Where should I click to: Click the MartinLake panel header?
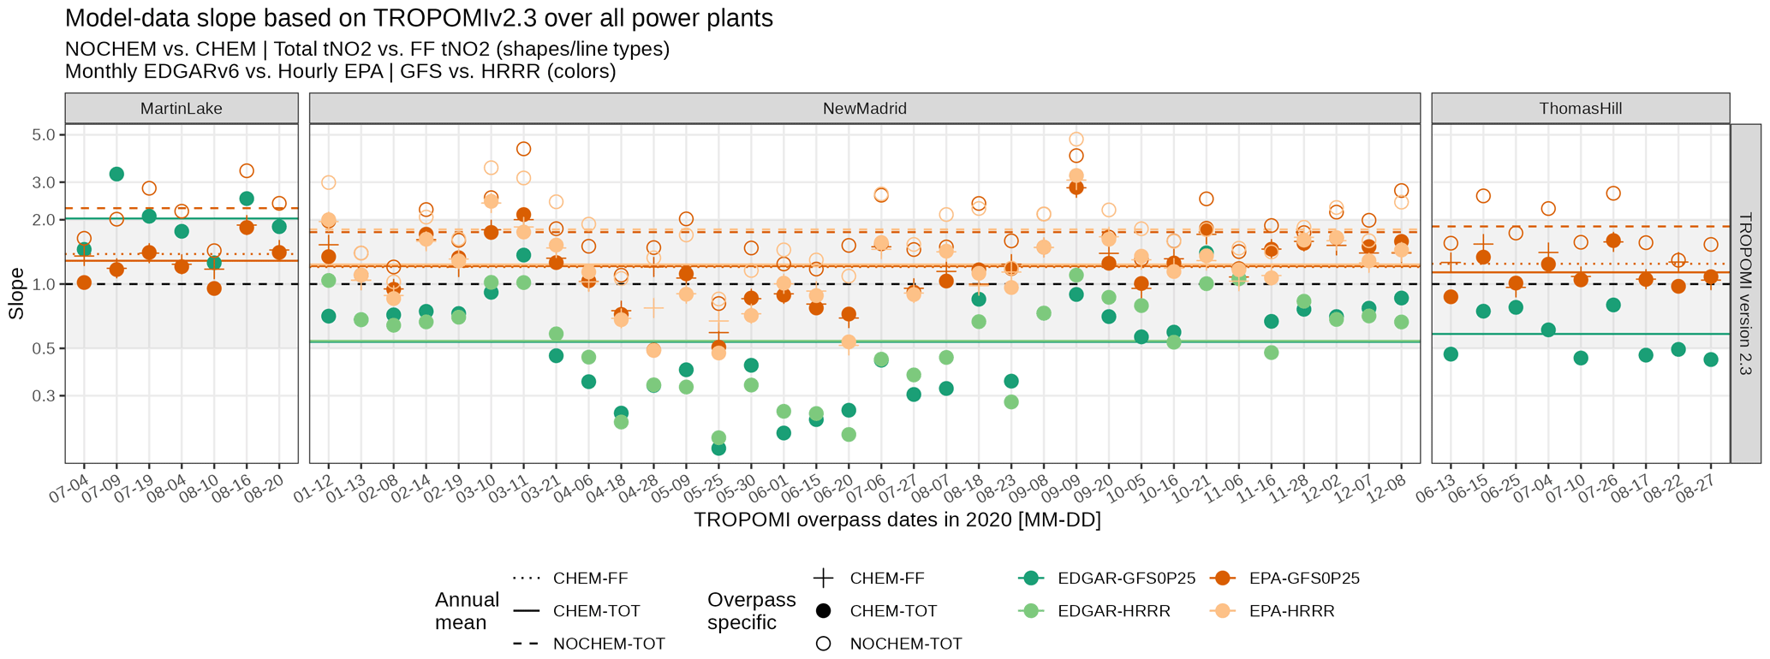coord(181,109)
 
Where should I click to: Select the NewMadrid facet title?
coord(864,109)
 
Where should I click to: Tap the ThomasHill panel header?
coord(1580,109)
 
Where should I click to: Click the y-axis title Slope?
coord(16,294)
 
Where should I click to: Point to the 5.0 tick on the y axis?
coord(43,135)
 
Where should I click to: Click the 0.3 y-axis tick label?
coord(43,396)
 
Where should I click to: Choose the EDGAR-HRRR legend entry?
coord(1113,611)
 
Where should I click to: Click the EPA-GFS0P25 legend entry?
coord(1304,579)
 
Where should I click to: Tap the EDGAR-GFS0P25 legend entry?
coord(1126,579)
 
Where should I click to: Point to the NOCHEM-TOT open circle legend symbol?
coord(824,644)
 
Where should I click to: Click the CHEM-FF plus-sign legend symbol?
coord(824,579)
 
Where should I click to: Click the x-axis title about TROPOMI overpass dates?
coord(897,520)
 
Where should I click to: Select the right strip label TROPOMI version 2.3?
coord(1746,294)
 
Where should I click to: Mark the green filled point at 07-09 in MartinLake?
coord(116,174)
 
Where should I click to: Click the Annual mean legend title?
coord(467,611)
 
